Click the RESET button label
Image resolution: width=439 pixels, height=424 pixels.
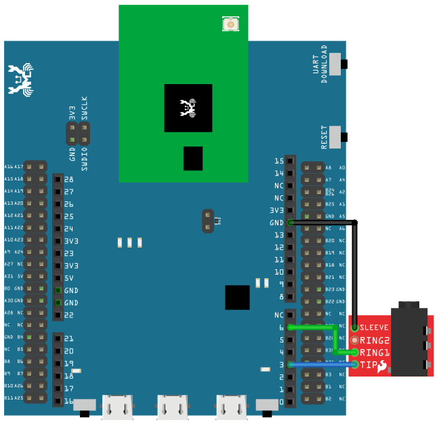[325, 137]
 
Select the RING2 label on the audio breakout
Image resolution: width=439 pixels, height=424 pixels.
[375, 340]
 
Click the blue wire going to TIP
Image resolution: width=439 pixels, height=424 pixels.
[322, 365]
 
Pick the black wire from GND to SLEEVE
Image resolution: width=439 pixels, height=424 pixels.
[356, 271]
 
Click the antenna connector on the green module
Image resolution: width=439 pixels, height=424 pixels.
[231, 25]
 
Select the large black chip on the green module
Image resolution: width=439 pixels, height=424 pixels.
[188, 108]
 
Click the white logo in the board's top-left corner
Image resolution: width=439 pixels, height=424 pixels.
[20, 79]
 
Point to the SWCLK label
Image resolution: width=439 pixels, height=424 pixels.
[85, 109]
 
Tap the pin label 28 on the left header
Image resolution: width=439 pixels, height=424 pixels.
[68, 180]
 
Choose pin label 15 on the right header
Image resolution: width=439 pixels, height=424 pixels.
[278, 161]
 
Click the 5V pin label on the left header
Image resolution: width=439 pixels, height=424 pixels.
[68, 278]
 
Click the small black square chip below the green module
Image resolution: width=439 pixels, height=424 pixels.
[237, 297]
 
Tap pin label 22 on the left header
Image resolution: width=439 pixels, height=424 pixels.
[68, 315]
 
